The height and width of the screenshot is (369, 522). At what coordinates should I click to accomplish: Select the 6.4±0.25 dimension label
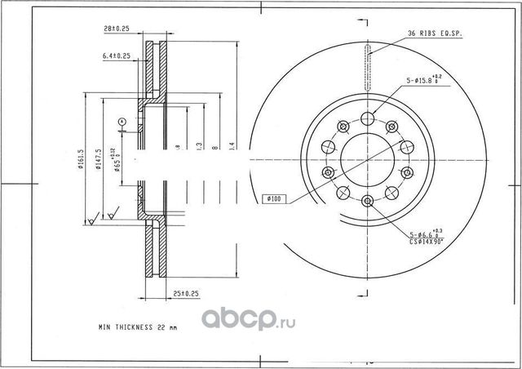tap(117, 56)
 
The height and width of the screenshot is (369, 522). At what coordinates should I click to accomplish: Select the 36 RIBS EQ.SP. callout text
tap(436, 33)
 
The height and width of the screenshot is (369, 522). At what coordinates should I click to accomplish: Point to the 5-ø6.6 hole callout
tap(427, 233)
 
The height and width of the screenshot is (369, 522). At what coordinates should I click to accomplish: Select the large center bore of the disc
tap(367, 158)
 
